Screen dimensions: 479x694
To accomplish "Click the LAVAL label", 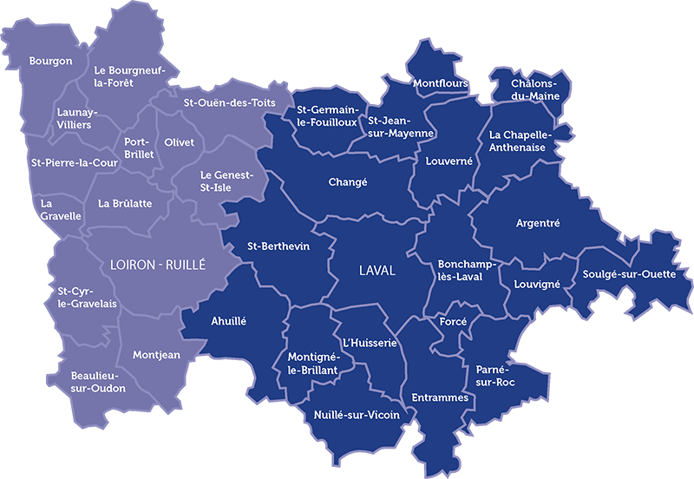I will click(376, 271).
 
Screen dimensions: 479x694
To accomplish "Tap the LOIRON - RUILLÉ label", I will click(158, 266).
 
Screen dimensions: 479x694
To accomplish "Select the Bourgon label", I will click(50, 61).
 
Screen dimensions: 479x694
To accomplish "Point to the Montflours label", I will click(440, 83).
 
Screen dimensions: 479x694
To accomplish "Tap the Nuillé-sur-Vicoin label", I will click(357, 415).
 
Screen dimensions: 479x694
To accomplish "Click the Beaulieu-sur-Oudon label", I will click(98, 382).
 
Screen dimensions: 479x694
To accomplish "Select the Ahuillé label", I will click(229, 321).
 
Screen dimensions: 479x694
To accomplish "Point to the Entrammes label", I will click(441, 397).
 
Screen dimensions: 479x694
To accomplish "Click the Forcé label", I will click(453, 321).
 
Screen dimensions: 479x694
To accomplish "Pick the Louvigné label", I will click(537, 284).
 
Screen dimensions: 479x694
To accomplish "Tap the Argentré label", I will click(538, 223).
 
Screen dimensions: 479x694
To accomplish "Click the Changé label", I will click(348, 182).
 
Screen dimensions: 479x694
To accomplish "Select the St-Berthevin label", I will click(278, 246).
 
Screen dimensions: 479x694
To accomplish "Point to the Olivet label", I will click(179, 142).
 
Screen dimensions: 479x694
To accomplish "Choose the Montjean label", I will click(156, 355).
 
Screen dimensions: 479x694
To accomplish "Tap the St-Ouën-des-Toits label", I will click(230, 102).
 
